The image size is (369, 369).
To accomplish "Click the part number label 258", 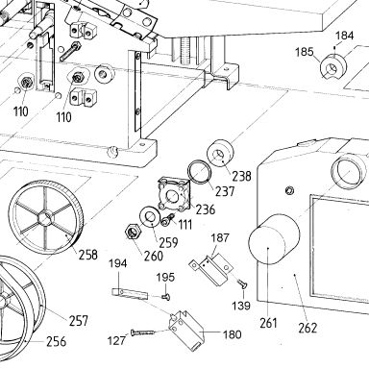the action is (x=88, y=255).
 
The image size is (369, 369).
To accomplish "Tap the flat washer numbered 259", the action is (x=148, y=217).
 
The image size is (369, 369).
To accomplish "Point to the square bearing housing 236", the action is (x=175, y=194).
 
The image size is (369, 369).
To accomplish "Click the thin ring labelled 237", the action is (x=199, y=173).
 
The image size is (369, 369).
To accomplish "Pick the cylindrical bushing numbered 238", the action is (x=220, y=154).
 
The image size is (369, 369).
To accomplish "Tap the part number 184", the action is (x=345, y=36).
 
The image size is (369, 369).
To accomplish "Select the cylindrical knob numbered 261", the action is (x=274, y=239).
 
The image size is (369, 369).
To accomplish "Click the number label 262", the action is (x=307, y=328).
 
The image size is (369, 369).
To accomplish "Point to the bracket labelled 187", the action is (x=211, y=268).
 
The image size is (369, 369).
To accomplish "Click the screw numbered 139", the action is (x=241, y=283).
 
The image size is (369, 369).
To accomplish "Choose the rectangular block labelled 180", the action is (x=186, y=330).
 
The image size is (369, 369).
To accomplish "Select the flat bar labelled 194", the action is (x=130, y=294).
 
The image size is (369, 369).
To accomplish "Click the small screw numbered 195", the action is (x=166, y=298).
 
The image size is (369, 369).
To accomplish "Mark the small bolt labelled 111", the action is (x=168, y=219).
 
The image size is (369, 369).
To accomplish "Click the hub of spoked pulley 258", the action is (x=43, y=219).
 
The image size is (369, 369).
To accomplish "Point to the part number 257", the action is (x=78, y=321).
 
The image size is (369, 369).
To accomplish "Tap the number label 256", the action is (x=57, y=341).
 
